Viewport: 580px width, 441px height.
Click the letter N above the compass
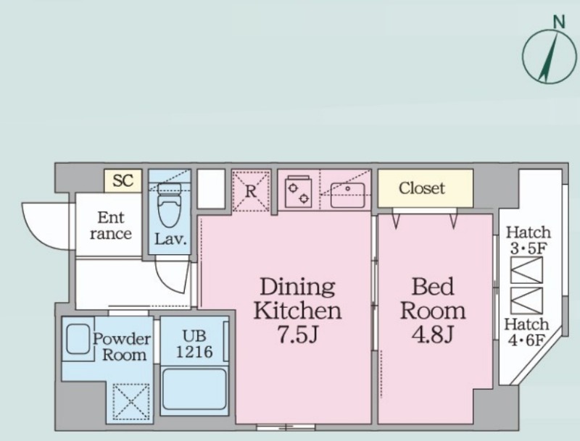pos(559,22)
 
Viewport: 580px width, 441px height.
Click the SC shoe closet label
pos(123,180)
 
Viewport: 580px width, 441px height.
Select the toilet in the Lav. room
pos(170,205)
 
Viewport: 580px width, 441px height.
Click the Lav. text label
pos(170,240)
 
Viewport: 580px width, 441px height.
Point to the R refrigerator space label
pos(251,191)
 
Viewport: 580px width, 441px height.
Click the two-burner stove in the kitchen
pos(299,192)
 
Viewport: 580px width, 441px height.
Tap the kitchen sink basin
pos(348,195)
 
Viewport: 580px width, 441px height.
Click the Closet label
pos(422,188)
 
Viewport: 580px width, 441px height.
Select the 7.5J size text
pos(298,335)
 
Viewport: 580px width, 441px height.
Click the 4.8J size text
pos(433,335)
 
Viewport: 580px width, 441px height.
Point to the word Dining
pos(297,287)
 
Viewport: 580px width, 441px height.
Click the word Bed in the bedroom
pos(433,286)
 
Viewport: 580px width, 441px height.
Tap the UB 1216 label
pos(194,344)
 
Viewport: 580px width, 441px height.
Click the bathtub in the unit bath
pos(194,390)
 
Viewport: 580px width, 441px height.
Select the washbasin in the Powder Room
pos(78,339)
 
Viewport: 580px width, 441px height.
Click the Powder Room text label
pos(122,347)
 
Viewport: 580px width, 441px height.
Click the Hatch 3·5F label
pos(529,240)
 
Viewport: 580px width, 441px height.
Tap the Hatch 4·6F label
pos(527,332)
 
